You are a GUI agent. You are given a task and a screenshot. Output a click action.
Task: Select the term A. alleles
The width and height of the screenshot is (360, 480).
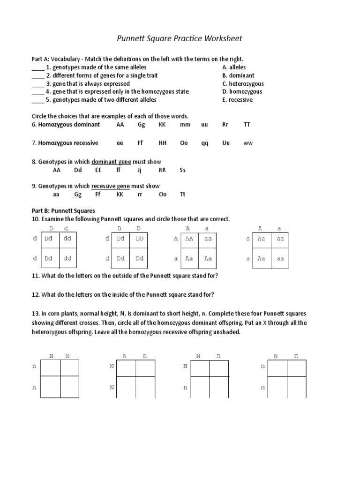234,67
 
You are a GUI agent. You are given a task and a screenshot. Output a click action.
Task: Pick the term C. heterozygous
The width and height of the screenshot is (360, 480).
243,84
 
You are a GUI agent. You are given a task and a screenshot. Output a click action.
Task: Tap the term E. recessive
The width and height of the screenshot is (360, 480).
237,100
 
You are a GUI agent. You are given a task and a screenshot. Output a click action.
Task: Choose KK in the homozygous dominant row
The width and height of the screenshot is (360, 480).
162,125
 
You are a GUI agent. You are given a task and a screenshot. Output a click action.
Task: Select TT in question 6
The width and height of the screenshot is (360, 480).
247,125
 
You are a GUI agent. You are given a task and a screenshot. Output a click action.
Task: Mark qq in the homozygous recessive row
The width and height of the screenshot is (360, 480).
205,143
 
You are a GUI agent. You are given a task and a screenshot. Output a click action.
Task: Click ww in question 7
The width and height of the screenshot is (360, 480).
247,143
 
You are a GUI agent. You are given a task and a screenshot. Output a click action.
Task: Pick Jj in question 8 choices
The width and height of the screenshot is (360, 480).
139,171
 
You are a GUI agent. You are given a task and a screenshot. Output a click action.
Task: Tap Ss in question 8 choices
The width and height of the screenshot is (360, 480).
182,171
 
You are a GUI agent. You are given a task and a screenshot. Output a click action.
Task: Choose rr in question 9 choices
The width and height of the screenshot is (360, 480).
140,195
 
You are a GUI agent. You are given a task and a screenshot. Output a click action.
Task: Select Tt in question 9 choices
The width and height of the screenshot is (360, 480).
182,195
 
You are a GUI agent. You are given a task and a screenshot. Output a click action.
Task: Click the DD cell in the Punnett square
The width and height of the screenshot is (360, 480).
139,239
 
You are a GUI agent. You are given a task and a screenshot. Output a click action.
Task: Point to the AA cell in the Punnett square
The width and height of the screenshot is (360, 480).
189,239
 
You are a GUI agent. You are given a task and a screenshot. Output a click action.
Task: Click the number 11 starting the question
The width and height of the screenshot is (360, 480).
35,276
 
